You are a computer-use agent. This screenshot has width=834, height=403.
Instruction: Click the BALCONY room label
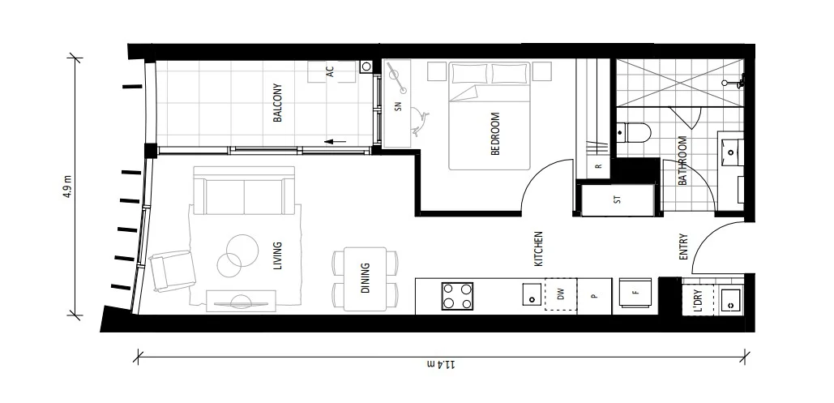277,103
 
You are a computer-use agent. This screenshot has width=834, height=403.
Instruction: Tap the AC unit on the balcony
331,71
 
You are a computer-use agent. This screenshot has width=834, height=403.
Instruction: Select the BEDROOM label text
495,133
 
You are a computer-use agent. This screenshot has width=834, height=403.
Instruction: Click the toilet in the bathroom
631,131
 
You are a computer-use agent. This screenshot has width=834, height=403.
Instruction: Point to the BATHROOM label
682,161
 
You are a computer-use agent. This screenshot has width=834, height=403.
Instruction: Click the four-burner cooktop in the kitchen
456,295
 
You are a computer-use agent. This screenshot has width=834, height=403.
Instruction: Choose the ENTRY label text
683,247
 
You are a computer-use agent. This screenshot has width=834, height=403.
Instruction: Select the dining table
366,278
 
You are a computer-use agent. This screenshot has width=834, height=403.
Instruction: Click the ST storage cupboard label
618,199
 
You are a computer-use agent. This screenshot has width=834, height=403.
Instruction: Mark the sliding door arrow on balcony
335,142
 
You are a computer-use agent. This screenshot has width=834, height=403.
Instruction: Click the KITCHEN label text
537,249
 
